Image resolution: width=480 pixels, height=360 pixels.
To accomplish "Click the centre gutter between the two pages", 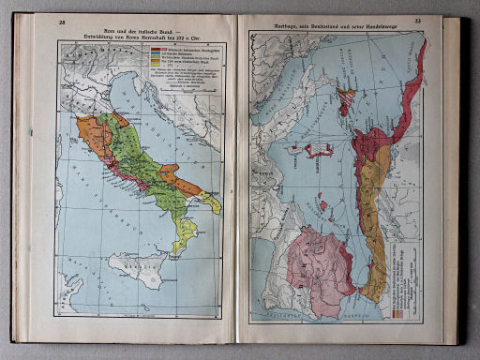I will (x=240, y=178).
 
